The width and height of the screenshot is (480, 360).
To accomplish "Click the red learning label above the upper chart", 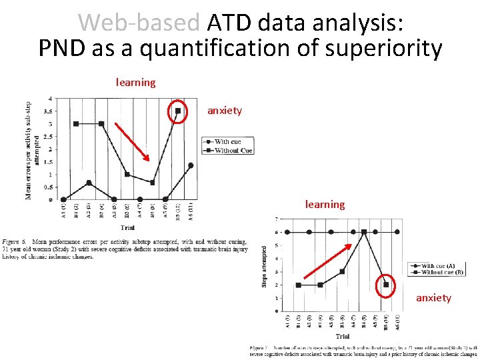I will (135, 83).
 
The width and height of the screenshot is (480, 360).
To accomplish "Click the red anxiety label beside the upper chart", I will (225, 111).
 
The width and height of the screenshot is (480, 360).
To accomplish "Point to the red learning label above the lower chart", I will (325, 205).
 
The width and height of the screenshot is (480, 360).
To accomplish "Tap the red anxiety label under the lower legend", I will (433, 298).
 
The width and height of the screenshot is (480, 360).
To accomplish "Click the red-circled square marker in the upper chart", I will (178, 111).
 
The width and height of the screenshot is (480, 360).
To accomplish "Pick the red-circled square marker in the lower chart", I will (386, 285).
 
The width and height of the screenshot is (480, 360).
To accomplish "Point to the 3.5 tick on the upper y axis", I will (49, 111).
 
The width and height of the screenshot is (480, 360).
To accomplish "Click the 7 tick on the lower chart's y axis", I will (277, 219).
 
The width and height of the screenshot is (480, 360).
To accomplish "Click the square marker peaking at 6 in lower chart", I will (364, 232).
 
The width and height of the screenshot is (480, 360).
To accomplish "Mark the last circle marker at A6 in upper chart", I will (191, 165).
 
